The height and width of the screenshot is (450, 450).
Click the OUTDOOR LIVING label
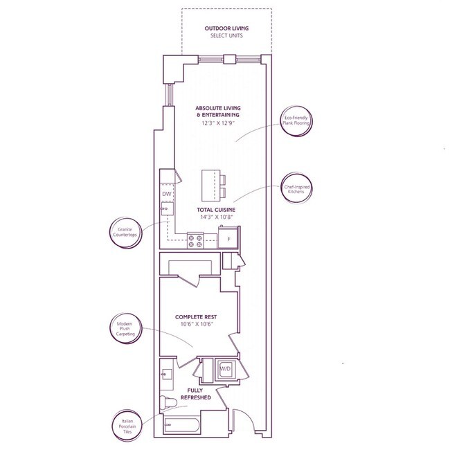(x=226, y=28)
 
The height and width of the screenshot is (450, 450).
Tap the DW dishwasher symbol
(x=166, y=194)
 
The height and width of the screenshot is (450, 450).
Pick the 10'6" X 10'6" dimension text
(x=198, y=325)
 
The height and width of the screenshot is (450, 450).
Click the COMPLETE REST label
(x=198, y=316)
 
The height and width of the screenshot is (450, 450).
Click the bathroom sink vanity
(x=166, y=374)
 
